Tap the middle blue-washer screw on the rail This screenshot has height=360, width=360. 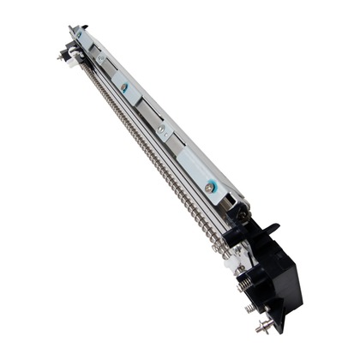click(x=125, y=87)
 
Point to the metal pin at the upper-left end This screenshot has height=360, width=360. click(x=62, y=55)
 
